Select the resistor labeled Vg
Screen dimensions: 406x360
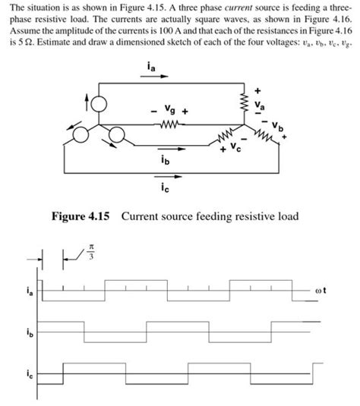(x=169, y=126)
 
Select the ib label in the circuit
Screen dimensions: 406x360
(x=166, y=161)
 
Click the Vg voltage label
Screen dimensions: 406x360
(x=169, y=111)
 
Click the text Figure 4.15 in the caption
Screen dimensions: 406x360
(x=81, y=216)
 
